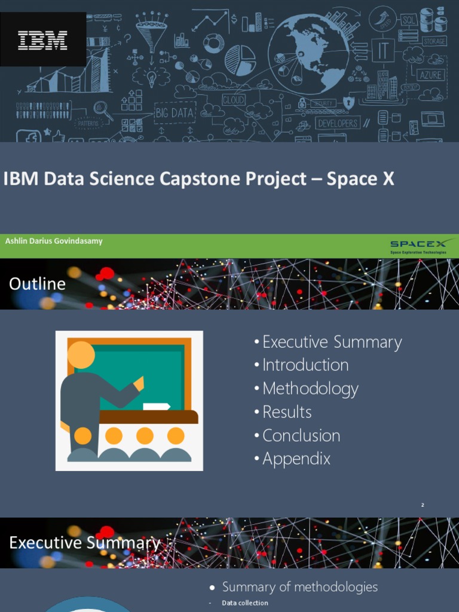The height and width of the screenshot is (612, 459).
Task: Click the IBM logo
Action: [x=42, y=41]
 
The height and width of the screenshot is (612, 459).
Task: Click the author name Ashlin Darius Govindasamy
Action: [x=54, y=241]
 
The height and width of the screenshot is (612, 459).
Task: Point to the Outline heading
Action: [x=37, y=284]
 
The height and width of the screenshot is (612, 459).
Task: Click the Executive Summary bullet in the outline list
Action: [x=332, y=342]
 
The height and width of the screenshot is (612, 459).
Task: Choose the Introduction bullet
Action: [x=305, y=365]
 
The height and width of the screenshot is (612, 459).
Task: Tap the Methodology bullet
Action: [x=310, y=389]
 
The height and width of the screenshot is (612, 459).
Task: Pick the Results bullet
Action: [x=287, y=412]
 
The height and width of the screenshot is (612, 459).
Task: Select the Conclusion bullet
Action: [x=301, y=436]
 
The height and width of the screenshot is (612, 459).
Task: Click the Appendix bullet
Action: [x=296, y=459]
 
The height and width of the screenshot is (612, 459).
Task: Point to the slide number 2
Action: [x=423, y=505]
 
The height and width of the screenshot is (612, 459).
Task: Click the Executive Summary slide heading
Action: [x=85, y=543]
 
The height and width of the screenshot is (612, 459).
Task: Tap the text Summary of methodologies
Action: [x=299, y=587]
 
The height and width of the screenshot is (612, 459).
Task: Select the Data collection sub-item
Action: [x=245, y=603]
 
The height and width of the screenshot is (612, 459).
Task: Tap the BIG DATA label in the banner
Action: [x=174, y=112]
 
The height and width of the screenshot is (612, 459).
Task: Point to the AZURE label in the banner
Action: [x=431, y=75]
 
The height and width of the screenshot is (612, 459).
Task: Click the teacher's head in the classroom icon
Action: [x=81, y=355]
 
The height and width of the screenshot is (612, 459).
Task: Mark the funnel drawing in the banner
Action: [x=151, y=33]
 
